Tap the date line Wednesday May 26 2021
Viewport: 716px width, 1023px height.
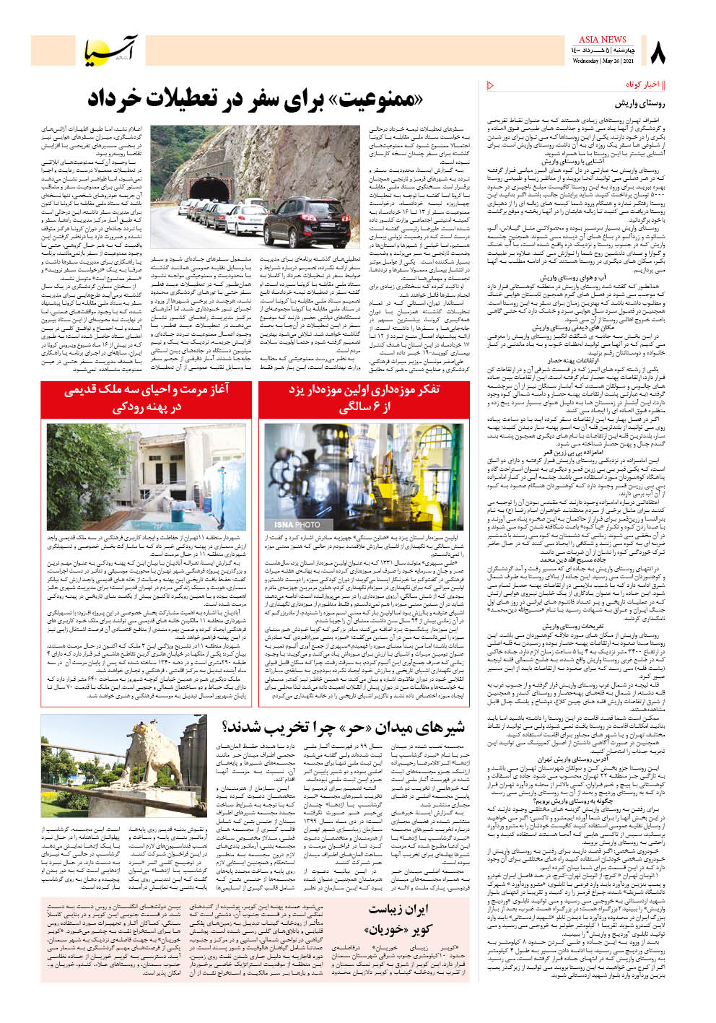click(x=601, y=61)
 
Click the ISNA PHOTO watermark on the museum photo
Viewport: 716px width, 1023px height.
click(x=297, y=524)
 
